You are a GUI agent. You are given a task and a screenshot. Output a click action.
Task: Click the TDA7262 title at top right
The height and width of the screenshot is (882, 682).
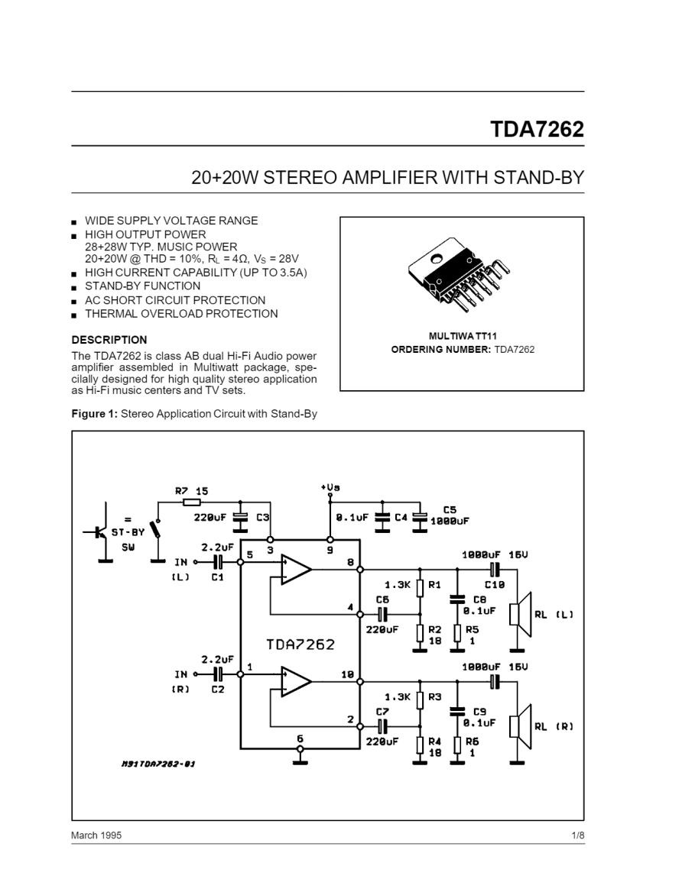pyautogui.click(x=537, y=129)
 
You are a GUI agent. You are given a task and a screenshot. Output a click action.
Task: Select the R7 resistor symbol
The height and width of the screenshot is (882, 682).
pyautogui.click(x=192, y=502)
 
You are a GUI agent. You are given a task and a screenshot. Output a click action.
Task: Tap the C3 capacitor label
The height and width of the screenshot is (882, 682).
pyautogui.click(x=263, y=517)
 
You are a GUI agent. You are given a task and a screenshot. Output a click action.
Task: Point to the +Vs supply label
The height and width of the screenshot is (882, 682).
pyautogui.click(x=330, y=487)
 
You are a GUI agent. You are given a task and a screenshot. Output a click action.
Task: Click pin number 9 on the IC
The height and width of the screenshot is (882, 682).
pyautogui.click(x=330, y=551)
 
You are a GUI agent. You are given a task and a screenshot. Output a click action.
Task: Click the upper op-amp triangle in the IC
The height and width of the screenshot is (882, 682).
pyautogui.click(x=296, y=569)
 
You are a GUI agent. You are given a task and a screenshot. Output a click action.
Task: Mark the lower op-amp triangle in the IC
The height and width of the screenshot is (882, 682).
pyautogui.click(x=296, y=681)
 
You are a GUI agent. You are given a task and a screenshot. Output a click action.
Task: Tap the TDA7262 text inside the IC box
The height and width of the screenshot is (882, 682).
pyautogui.click(x=300, y=644)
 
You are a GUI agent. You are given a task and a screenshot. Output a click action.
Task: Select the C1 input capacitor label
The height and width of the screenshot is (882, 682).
pyautogui.click(x=217, y=577)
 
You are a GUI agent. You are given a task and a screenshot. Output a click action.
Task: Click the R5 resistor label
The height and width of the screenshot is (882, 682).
pyautogui.click(x=472, y=629)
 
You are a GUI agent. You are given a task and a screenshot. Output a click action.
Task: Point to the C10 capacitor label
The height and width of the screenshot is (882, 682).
pyautogui.click(x=495, y=584)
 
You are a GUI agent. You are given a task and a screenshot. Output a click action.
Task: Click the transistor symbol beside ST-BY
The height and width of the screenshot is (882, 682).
pyautogui.click(x=99, y=531)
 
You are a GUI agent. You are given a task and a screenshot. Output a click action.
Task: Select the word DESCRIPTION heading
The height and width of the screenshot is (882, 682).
pyautogui.click(x=109, y=340)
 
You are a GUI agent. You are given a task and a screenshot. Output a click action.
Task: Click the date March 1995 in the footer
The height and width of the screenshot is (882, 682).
pyautogui.click(x=96, y=835)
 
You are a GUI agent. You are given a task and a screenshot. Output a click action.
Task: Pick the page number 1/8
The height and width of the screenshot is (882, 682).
pyautogui.click(x=578, y=835)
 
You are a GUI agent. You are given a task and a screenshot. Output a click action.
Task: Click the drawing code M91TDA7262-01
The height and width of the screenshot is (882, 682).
pyautogui.click(x=158, y=764)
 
